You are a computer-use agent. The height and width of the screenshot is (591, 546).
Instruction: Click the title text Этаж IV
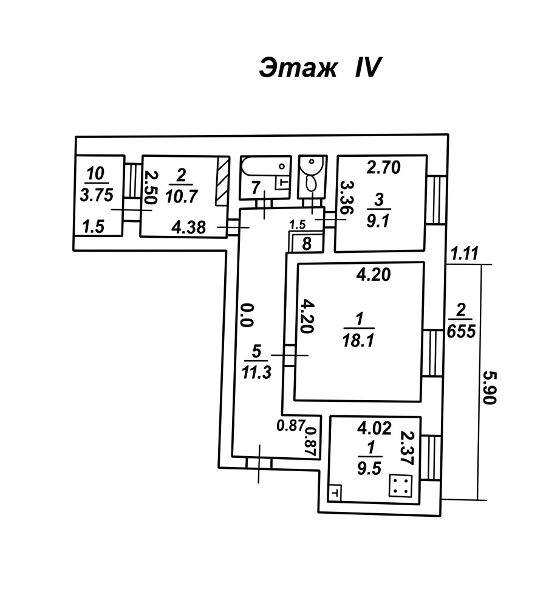[321, 68]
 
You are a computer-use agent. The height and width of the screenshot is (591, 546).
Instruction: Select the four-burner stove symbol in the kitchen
[400, 485]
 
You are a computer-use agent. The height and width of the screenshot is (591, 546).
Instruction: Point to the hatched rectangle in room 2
[222, 181]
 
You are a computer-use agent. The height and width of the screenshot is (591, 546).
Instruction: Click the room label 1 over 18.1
[358, 330]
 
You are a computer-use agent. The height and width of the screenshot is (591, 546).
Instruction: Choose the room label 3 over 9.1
[378, 210]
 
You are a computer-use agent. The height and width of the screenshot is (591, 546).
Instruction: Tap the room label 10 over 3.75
[97, 185]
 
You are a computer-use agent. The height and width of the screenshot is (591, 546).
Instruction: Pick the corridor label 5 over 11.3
[256, 361]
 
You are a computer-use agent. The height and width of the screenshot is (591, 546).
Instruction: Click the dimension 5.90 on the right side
[490, 387]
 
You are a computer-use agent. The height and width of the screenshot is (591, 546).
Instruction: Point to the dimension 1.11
[465, 254]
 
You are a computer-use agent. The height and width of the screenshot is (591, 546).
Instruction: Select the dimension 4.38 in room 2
[188, 227]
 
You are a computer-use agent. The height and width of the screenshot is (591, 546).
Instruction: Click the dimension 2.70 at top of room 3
[384, 167]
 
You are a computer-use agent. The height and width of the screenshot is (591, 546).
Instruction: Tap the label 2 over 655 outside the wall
[462, 321]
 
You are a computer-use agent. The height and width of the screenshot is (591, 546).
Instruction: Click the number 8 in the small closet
[307, 244]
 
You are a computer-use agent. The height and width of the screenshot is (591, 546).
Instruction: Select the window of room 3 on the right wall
[436, 200]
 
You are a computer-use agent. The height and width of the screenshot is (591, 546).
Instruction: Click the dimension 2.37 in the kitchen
[408, 448]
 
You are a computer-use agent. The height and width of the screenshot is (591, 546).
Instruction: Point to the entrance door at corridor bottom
[259, 463]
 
